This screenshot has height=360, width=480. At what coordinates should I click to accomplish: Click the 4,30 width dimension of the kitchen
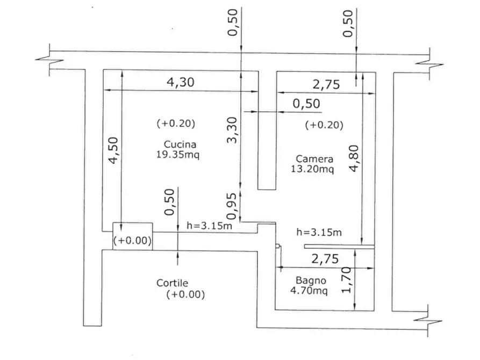(180, 82)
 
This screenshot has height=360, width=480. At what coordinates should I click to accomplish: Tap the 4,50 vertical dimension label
(113, 150)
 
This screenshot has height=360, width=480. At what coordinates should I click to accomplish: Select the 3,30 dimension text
(232, 130)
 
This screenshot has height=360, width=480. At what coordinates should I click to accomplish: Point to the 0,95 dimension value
(232, 206)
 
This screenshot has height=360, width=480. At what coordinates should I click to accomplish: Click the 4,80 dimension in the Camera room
(354, 159)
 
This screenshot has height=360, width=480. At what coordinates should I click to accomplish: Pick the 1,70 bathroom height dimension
(346, 280)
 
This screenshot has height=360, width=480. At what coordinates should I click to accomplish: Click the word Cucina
(180, 144)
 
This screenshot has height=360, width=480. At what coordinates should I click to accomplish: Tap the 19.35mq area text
(178, 154)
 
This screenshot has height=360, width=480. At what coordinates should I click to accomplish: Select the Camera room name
(314, 159)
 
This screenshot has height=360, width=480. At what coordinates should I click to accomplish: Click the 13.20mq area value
(312, 169)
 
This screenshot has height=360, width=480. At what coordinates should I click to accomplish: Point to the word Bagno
(311, 280)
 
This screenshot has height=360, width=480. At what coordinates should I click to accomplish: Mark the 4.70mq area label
(309, 290)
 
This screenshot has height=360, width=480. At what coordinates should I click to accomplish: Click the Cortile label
(173, 283)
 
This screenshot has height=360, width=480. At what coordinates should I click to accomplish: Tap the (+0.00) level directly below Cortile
(185, 294)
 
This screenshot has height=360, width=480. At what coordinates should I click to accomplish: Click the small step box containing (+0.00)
(133, 236)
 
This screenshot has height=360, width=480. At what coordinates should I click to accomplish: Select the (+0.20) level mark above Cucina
(176, 124)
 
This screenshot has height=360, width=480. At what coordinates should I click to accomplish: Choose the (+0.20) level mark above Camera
(324, 125)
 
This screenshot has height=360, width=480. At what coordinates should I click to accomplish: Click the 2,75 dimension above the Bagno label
(325, 259)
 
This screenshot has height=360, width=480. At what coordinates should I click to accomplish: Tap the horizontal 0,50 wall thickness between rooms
(306, 104)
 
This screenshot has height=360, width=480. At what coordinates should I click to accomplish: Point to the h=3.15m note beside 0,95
(210, 226)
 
